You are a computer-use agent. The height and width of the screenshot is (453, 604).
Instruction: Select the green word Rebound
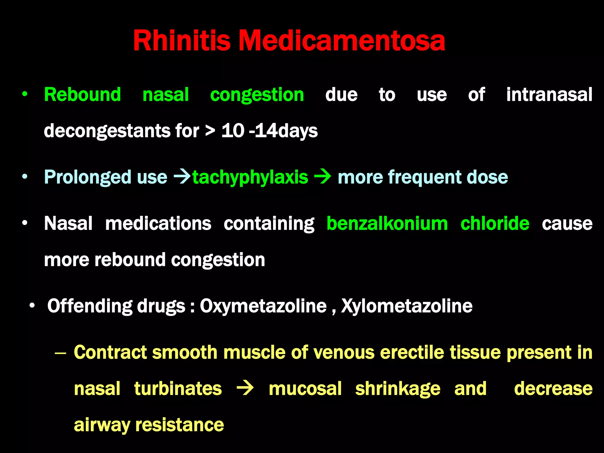pyautogui.click(x=82, y=95)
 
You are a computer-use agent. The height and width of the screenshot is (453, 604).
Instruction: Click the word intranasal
pyautogui.click(x=549, y=95)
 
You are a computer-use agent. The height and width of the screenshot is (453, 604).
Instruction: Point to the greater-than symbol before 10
pyautogui.click(x=210, y=131)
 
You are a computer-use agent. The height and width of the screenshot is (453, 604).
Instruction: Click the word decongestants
pyautogui.click(x=107, y=131)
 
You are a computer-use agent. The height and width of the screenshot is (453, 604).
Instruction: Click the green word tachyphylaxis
pyautogui.click(x=250, y=177)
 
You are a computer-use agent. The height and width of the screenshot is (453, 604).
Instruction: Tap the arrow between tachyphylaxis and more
pyautogui.click(x=323, y=177)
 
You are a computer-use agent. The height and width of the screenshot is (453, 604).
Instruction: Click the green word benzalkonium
pyautogui.click(x=387, y=224)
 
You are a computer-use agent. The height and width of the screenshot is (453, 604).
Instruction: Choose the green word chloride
pyautogui.click(x=495, y=224)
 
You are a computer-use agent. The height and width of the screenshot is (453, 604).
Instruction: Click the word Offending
pyautogui.click(x=90, y=306)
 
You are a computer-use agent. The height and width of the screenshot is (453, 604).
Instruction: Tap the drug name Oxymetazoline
pyautogui.click(x=263, y=306)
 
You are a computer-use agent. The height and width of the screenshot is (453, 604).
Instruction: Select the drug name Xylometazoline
pyautogui.click(x=407, y=306)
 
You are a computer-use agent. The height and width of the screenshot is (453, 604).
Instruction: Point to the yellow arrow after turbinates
pyautogui.click(x=245, y=388)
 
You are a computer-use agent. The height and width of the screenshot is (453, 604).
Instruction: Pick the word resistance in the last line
pyautogui.click(x=179, y=425)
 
